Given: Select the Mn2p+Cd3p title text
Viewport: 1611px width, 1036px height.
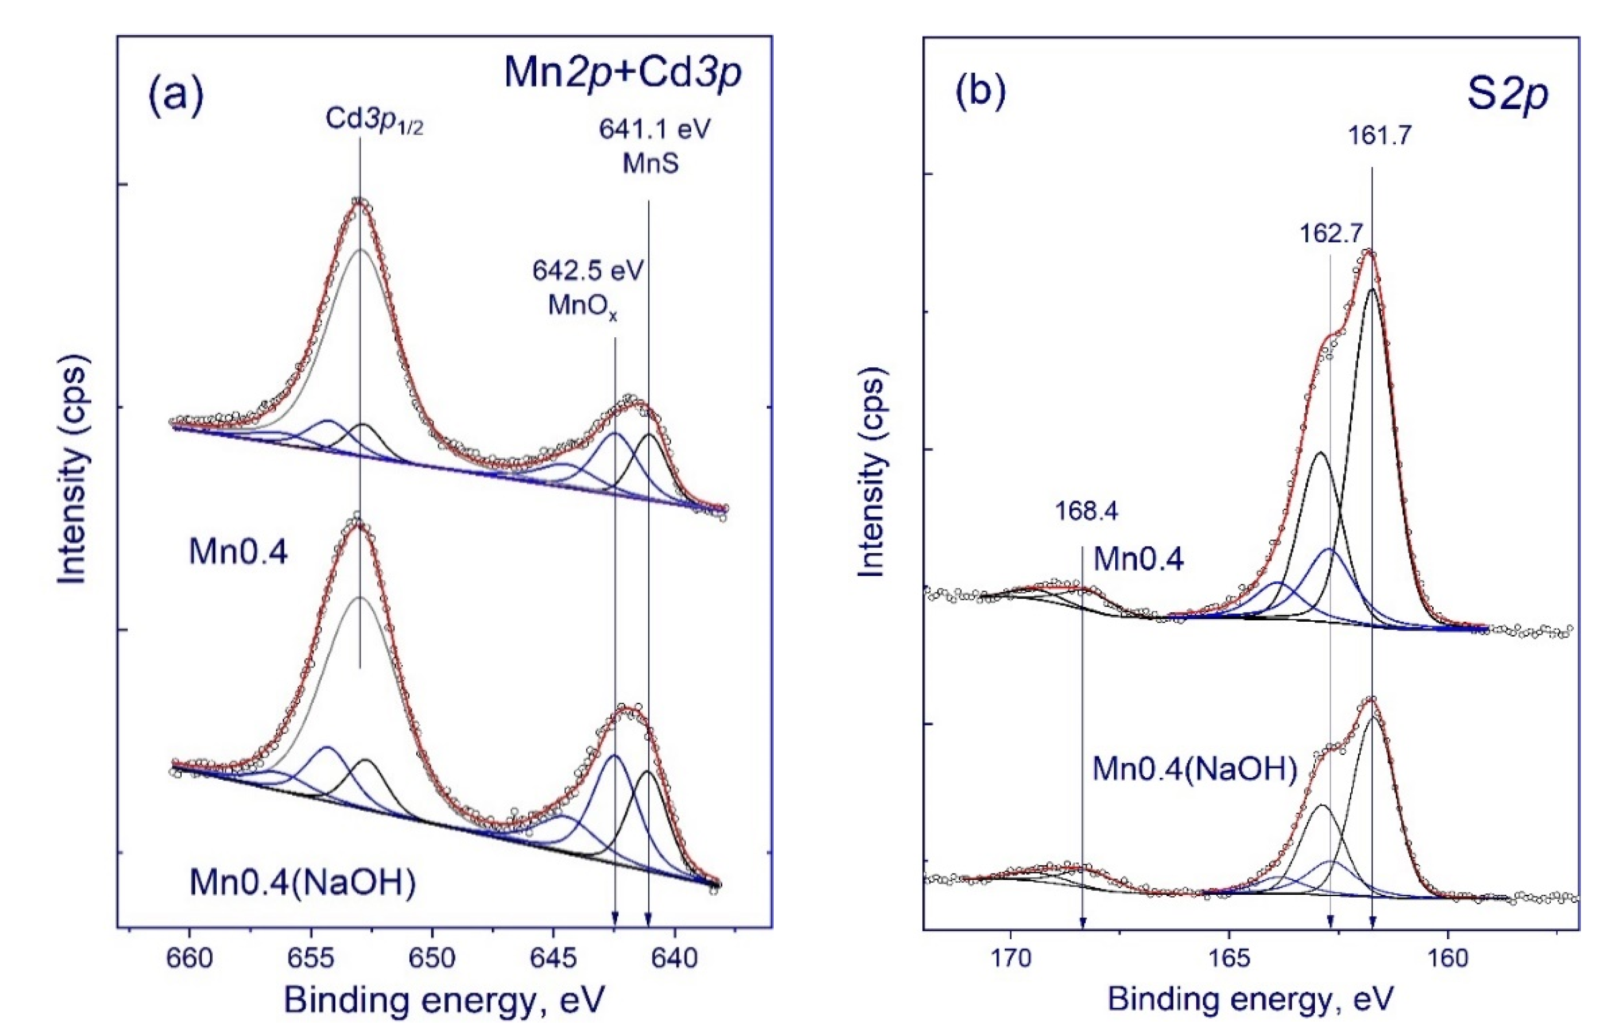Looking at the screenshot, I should [x=622, y=73].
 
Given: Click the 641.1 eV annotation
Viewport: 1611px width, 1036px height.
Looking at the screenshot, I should [x=655, y=130].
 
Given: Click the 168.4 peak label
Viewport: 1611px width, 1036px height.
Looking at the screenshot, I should [x=1086, y=511].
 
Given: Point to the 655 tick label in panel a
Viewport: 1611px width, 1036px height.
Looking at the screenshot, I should [x=311, y=958].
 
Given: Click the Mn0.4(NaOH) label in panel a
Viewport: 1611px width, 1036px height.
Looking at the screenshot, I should [x=303, y=882].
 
